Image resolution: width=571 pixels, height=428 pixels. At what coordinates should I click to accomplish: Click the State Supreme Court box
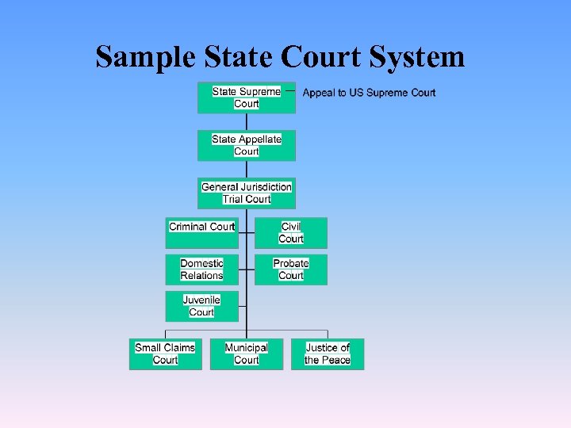[x=246, y=97]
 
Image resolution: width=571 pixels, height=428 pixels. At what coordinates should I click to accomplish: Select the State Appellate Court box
[x=246, y=145]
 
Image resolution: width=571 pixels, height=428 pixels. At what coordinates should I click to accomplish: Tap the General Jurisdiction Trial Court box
[x=246, y=193]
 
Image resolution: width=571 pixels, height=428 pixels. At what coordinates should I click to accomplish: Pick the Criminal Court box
[x=201, y=232]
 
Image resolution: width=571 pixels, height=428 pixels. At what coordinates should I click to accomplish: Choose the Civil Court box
[x=290, y=232]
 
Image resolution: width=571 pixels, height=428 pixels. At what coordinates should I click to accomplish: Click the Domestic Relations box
[x=201, y=269]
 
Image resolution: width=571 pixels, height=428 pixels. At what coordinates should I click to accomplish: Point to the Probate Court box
[x=290, y=269]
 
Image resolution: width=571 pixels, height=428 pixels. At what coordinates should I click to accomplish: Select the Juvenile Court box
[x=201, y=306]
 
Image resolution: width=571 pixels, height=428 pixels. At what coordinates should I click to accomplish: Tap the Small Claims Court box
[x=165, y=353]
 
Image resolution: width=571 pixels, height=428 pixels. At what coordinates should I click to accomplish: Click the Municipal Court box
[x=246, y=353]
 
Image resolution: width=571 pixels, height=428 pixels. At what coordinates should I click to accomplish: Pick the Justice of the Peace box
[x=327, y=353]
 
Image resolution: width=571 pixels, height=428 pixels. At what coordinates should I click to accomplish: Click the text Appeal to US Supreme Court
[x=369, y=93]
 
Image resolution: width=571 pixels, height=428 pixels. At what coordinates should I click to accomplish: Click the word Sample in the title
[x=145, y=57]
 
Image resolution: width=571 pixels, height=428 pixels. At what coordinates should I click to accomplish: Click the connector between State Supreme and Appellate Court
[x=247, y=122]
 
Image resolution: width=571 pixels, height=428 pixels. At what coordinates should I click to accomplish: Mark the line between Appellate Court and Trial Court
[x=247, y=169]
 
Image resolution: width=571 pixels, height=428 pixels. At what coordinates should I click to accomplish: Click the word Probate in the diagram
[x=290, y=263]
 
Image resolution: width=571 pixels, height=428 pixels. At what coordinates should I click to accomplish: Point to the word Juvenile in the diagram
[x=201, y=300]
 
